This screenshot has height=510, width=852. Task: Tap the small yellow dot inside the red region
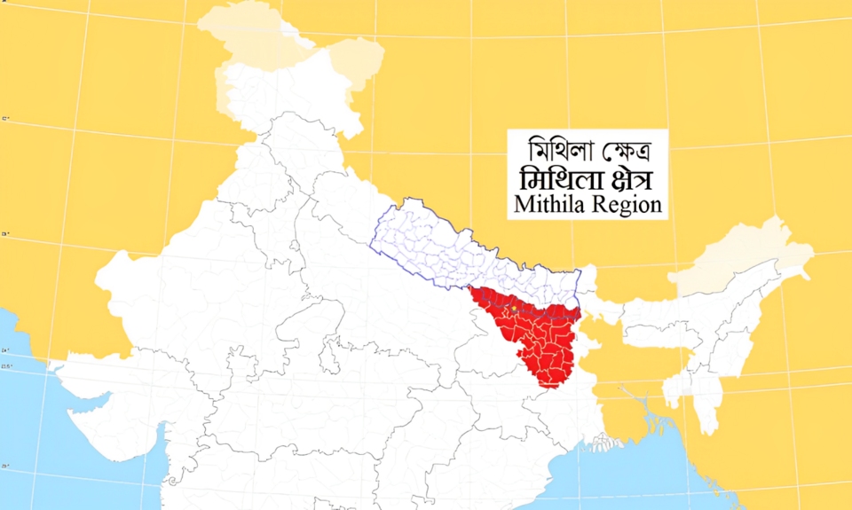point(513,308)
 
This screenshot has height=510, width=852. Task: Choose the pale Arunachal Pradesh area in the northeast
point(745,253)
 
